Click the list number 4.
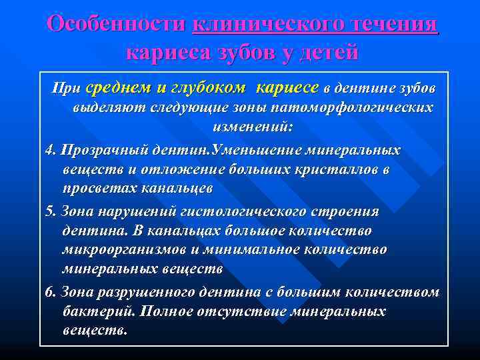click(49, 150)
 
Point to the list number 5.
click(49, 211)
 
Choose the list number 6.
click(49, 292)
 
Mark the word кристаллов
click(331, 169)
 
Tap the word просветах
click(99, 188)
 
